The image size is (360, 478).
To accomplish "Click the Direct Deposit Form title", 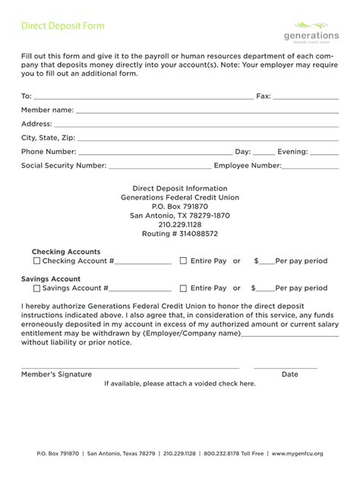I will coord(62,26).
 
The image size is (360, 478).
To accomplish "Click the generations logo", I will coord(311,33).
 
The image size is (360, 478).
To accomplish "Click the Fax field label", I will coord(263,96).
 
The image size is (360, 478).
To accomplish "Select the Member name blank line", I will coord(205,112).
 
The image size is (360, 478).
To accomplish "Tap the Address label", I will coord(36,124).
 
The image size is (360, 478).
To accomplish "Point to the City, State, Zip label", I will coord(49,137).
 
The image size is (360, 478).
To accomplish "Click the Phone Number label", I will coord(49,151).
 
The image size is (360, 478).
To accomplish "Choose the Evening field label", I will coord(292,151).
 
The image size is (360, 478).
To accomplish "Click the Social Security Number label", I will coord(64,165).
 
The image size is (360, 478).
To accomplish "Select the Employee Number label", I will coord(248,165).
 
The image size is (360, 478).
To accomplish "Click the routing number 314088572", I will coord(180,234).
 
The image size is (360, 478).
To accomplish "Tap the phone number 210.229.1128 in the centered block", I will coord(180,225).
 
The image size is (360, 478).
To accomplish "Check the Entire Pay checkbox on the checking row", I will coord(183,261).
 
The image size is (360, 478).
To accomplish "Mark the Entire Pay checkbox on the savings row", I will coord(183,288).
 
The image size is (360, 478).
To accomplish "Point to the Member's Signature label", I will coord(56,374).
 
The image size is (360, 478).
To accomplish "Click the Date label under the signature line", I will coord(289,374).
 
